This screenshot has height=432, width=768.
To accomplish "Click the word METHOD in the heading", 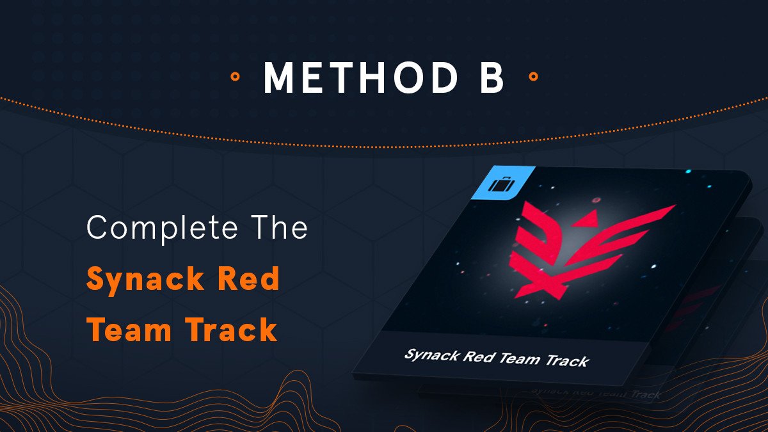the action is click(x=360, y=77).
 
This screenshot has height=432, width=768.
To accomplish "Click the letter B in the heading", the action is click(x=492, y=77).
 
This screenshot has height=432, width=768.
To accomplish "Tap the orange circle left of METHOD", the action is click(x=235, y=76).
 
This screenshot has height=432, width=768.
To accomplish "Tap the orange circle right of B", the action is click(x=533, y=76).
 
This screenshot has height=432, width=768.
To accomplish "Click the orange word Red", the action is click(x=248, y=278).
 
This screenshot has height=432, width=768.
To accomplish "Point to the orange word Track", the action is click(x=232, y=329).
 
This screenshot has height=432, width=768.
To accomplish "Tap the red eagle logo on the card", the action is click(x=583, y=250).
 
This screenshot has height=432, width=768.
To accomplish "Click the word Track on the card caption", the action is click(x=567, y=362).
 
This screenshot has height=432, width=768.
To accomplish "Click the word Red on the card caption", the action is click(x=478, y=357).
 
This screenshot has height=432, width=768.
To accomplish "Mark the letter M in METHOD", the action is click(x=279, y=77).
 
